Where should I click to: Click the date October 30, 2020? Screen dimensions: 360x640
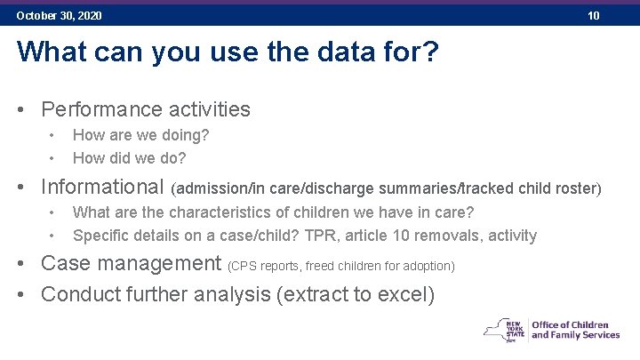[x=59, y=16]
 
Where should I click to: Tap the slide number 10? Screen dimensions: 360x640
[x=593, y=16]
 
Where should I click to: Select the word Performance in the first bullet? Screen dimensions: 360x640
[x=100, y=109]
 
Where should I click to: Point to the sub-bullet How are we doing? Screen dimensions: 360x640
[x=140, y=135]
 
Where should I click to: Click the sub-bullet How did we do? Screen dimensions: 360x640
[x=129, y=158]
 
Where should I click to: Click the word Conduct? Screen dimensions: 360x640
[x=82, y=294]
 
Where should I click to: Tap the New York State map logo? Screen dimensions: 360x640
[x=503, y=330]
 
